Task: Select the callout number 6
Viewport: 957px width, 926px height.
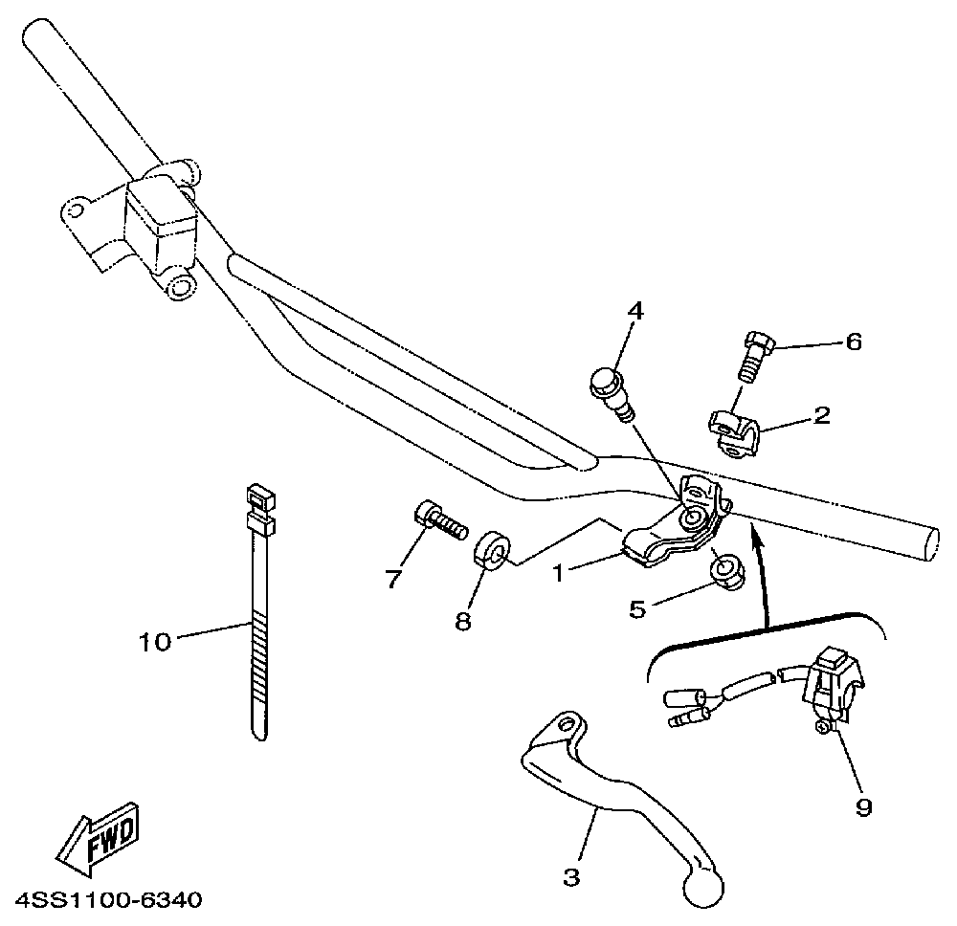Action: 854,341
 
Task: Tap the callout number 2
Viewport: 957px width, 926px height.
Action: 822,416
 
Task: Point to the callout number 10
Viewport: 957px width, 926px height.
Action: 154,641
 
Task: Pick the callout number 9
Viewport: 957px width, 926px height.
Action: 863,808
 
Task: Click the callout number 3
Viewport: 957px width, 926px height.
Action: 571,877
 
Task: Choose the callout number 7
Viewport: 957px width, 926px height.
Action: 390,580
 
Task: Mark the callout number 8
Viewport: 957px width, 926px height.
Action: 463,622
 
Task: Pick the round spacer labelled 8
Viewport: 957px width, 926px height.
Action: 492,553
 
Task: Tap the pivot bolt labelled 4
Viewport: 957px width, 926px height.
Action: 610,390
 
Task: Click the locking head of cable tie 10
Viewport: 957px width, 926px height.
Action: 256,508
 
